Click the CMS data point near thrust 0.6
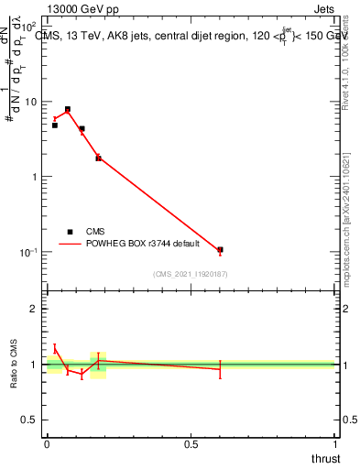220,249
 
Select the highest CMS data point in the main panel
68,109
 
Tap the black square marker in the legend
71,232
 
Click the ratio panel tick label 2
35,309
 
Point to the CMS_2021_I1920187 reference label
190,274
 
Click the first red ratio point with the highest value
55,348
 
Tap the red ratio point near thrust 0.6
220,369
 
